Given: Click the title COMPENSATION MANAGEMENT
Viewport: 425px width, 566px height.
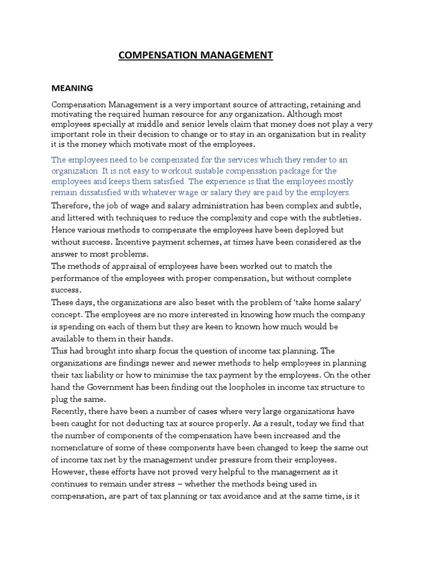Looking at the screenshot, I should [196, 55].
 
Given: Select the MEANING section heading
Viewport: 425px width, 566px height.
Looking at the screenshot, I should [72, 88].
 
